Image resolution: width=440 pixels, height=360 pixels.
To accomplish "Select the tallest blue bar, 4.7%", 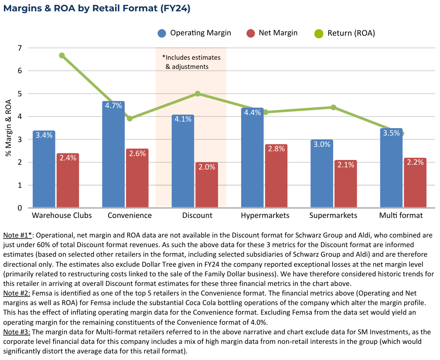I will click(x=113, y=157).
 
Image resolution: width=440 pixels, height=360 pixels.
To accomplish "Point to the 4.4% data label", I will click(x=252, y=112).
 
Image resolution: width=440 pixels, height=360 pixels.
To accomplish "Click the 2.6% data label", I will click(x=137, y=153).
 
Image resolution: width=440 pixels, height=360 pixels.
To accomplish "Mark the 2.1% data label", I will click(x=345, y=165).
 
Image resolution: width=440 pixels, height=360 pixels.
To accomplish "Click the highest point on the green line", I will click(x=62, y=55).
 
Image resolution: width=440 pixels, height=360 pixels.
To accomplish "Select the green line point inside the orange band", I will click(x=198, y=93).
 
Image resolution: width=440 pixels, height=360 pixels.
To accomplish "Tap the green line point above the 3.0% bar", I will click(x=333, y=107).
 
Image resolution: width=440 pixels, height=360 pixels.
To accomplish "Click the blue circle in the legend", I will click(x=162, y=34).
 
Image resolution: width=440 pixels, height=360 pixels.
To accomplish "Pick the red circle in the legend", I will click(x=250, y=34).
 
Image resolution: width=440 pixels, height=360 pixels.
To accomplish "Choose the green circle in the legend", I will click(x=319, y=34).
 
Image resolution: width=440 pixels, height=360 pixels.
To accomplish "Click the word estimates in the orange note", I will click(x=206, y=58).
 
